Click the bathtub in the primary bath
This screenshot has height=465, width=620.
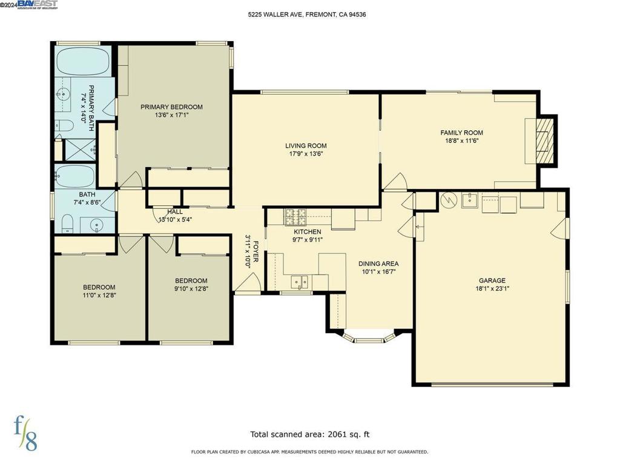(84, 61)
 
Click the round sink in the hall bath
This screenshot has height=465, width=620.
(97, 226)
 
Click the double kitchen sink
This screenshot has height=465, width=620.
(300, 282)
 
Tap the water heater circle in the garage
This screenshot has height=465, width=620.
(448, 199)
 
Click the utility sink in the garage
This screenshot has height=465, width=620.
(470, 200)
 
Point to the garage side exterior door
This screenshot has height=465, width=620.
(561, 227)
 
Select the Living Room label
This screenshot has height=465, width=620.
(306, 145)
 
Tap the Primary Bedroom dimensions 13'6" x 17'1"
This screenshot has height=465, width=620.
(171, 115)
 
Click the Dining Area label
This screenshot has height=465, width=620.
(378, 263)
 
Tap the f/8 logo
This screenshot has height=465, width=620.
(26, 433)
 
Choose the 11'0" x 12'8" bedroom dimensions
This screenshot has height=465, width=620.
(99, 296)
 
